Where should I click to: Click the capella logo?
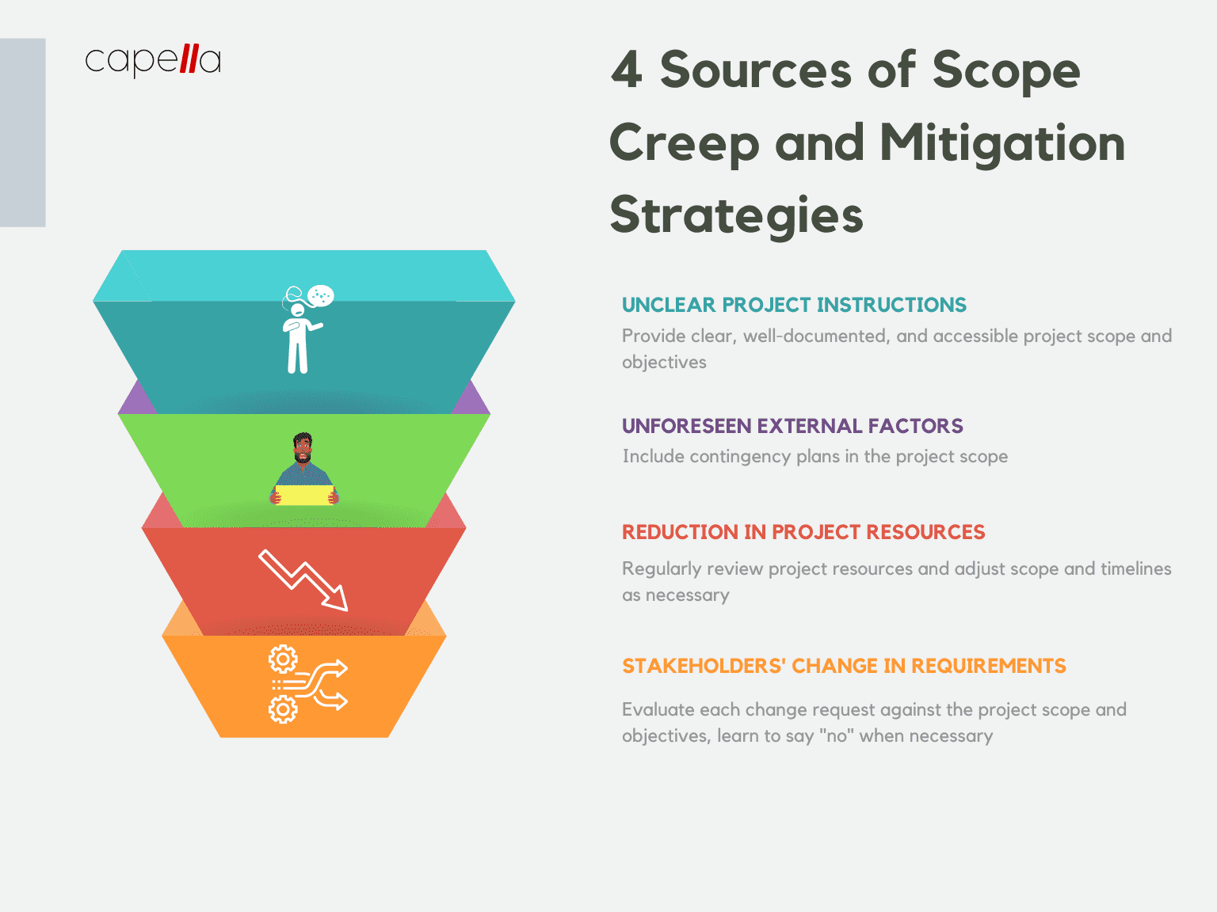tap(152, 60)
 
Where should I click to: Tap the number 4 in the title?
tap(626, 70)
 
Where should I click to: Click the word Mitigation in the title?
tap(1002, 143)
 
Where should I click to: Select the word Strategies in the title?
tap(736, 215)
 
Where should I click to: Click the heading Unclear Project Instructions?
tap(794, 305)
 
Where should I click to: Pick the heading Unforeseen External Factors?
tap(792, 426)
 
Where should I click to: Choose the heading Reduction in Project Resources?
tap(803, 532)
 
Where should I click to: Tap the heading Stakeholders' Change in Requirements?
tap(844, 666)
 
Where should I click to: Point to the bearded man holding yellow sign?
tap(303, 467)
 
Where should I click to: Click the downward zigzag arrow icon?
tap(303, 579)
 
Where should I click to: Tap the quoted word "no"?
tap(836, 736)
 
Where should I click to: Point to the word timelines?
tap(1135, 569)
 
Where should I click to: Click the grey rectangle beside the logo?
tap(23, 132)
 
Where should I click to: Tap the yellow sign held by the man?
tap(304, 496)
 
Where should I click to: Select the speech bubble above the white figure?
tap(321, 296)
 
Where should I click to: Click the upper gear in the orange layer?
tap(283, 659)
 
